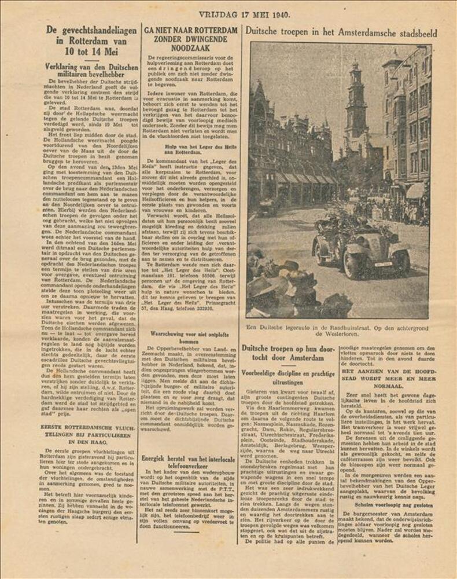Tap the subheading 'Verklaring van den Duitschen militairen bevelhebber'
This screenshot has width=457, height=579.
pos(91,71)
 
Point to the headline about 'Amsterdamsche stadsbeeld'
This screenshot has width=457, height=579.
pos(341,32)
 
